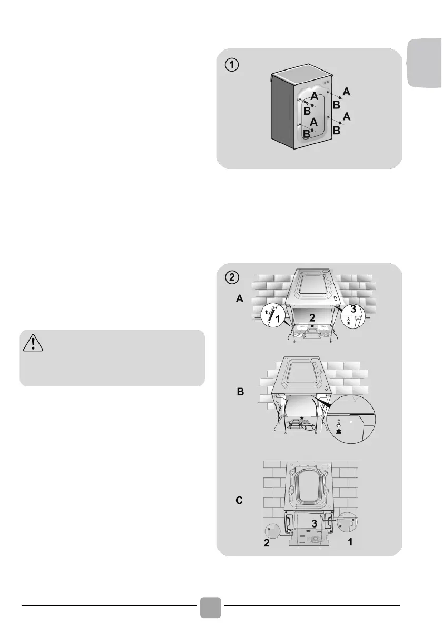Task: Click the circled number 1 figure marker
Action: pyautogui.click(x=232, y=64)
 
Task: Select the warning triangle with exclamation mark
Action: pyautogui.click(x=34, y=344)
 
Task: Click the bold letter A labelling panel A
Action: pyautogui.click(x=239, y=299)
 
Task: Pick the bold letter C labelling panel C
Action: pyautogui.click(x=239, y=501)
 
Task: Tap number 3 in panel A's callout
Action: pyautogui.click(x=352, y=309)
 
